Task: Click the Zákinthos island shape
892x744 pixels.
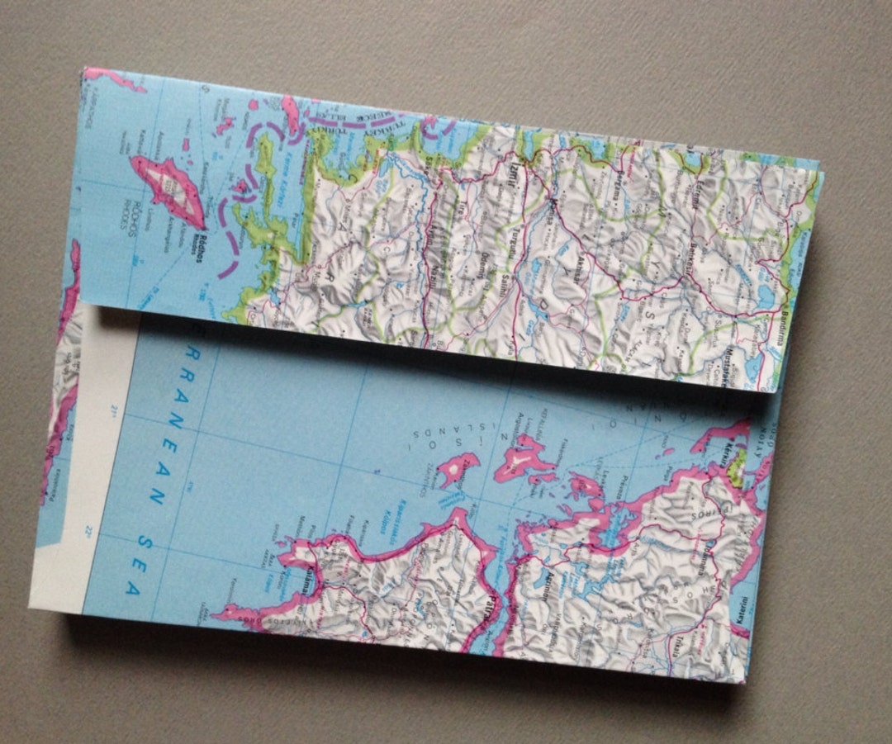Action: (x=458, y=467)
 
